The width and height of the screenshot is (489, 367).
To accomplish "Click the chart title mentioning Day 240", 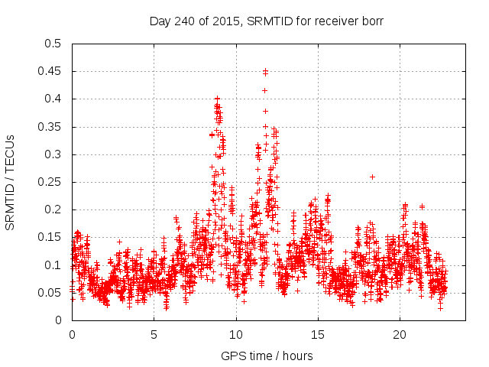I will pyautogui.click(x=266, y=21).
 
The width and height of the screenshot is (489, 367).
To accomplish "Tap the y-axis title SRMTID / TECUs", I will pyautogui.click(x=11, y=182).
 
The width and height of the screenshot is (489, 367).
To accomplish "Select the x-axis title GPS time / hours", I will pyautogui.click(x=266, y=356).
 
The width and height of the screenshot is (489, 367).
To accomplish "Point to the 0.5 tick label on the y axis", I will pyautogui.click(x=52, y=44).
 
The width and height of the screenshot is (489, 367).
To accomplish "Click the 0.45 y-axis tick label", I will pyautogui.click(x=49, y=71).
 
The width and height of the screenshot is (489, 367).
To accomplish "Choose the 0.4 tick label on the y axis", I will pyautogui.click(x=52, y=99).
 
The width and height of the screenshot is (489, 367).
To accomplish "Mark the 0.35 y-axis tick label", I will pyautogui.click(x=49, y=127).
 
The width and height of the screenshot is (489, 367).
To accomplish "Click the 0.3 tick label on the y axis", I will pyautogui.click(x=52, y=154).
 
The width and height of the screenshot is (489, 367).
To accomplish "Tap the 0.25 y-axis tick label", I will pyautogui.click(x=49, y=182).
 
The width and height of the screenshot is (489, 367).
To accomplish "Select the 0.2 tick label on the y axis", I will pyautogui.click(x=52, y=209).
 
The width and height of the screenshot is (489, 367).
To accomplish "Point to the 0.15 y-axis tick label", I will pyautogui.click(x=49, y=238).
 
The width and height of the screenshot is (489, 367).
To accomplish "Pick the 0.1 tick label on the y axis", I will pyautogui.click(x=52, y=265).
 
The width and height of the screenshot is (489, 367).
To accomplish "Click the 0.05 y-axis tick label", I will pyautogui.click(x=49, y=293).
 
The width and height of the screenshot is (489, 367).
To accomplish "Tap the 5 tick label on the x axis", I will pyautogui.click(x=154, y=335).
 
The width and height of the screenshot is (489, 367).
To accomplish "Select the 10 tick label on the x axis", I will pyautogui.click(x=235, y=335).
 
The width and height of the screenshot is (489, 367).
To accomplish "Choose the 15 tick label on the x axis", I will pyautogui.click(x=317, y=335).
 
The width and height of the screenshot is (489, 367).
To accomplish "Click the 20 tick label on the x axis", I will pyautogui.click(x=400, y=335).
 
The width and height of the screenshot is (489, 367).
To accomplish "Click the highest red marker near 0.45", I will pyautogui.click(x=265, y=71).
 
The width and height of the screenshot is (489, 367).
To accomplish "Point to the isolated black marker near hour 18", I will pyautogui.click(x=372, y=177).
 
